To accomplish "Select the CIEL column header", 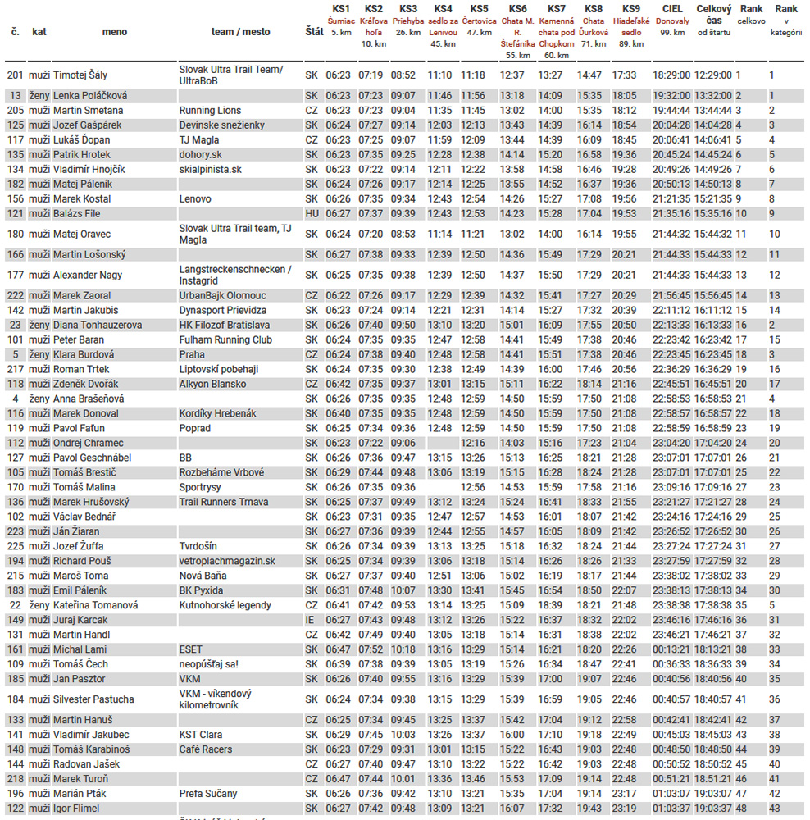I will coord(671,9).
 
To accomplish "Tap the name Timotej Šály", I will coord(80,75).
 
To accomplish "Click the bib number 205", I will coord(16,110).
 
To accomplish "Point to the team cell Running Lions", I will coord(210,110).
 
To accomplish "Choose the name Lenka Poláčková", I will coord(90,95).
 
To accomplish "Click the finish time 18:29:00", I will coord(671,75).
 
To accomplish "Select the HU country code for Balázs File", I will coord(312,213).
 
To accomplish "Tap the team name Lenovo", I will coord(195,198).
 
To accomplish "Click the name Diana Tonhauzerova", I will coord(98,325).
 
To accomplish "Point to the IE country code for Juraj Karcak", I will coord(310,620).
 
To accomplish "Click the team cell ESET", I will coord(190,649).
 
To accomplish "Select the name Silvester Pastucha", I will coord(93,699).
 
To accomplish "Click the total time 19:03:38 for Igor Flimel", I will coord(712,809).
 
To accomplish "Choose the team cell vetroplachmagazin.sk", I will coord(227,561).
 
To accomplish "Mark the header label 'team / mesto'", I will coord(240,31).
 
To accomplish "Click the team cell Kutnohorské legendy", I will coord(225,605).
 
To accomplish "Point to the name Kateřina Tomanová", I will coord(95,605).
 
